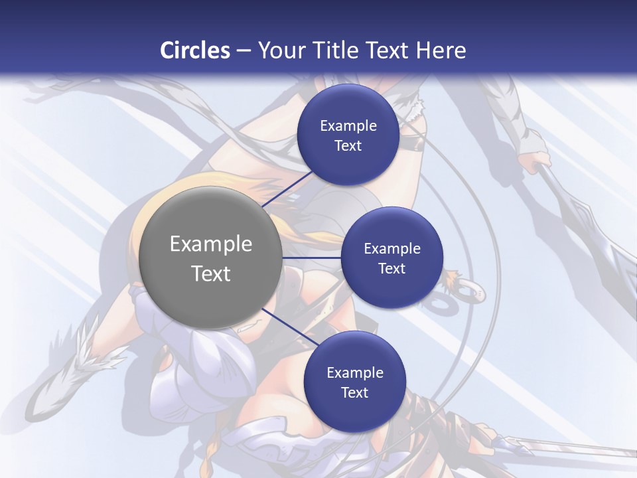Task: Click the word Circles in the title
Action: point(194,50)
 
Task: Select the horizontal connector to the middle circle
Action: point(311,258)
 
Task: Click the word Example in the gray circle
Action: point(210,244)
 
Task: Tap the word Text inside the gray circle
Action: point(210,274)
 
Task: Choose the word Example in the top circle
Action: point(348,126)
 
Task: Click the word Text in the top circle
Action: point(348,146)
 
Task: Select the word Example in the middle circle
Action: point(391,249)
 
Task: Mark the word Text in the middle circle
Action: point(391,269)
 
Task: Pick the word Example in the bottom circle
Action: point(354,373)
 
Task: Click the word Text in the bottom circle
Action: point(354,393)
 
